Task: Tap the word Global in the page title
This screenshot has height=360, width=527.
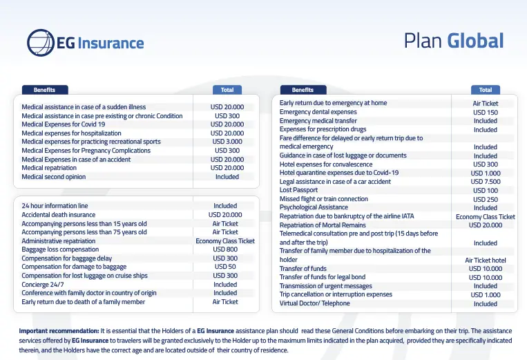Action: click(x=475, y=41)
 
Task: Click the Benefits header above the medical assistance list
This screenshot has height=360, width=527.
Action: click(x=44, y=90)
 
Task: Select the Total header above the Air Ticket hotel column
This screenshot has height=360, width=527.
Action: click(x=485, y=90)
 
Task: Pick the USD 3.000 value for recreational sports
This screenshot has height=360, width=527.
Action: click(x=227, y=142)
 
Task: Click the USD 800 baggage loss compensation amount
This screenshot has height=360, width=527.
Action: click(x=225, y=249)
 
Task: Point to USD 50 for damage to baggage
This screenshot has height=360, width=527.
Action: click(x=225, y=267)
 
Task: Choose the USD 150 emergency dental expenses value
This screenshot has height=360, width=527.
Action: click(x=485, y=112)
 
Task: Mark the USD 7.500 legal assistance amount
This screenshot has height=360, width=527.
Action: click(x=485, y=182)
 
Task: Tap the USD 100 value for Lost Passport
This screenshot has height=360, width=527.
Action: click(x=485, y=191)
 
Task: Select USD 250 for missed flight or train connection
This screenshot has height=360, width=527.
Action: click(x=485, y=199)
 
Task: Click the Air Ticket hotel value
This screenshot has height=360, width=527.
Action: click(x=485, y=260)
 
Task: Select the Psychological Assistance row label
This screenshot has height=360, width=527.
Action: click(x=314, y=207)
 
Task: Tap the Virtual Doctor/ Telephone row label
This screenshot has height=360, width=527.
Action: click(x=314, y=303)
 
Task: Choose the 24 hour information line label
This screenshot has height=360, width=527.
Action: click(x=55, y=206)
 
